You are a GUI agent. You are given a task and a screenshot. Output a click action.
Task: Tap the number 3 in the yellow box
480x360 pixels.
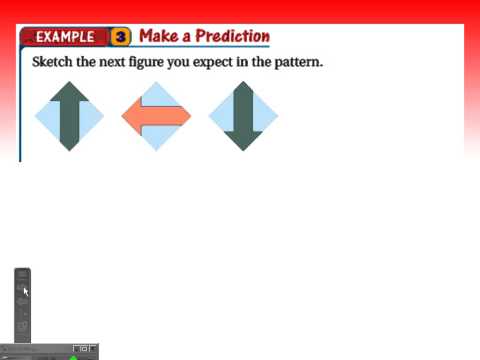121,37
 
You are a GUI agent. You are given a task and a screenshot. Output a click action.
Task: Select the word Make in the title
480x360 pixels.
159,36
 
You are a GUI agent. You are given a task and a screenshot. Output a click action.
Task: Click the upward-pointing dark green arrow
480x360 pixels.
69,117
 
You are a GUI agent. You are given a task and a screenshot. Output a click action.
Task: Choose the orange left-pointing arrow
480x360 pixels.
157,117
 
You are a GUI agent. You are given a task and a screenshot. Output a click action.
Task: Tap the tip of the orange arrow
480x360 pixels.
124,117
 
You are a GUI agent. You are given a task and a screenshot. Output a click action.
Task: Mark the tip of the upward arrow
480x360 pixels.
69,84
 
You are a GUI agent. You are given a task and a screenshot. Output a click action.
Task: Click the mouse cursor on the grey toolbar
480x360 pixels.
25,291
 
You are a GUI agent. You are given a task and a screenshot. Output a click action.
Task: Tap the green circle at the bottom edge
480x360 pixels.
73,356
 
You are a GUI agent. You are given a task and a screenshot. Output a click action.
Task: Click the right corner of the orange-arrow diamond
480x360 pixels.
191,117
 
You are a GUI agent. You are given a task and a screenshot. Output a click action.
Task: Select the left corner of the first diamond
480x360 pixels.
35,117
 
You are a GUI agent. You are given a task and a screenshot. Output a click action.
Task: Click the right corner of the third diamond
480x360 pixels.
278,117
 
